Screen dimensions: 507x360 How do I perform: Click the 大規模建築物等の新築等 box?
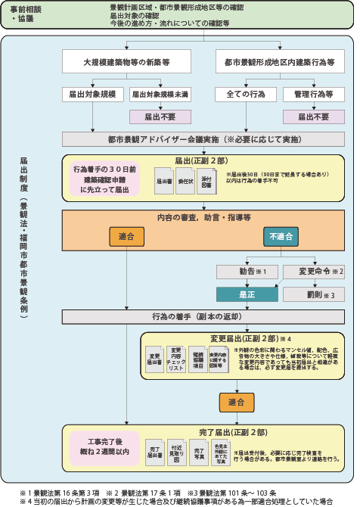coord(126,60)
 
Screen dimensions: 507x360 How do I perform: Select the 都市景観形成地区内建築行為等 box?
coord(279,60)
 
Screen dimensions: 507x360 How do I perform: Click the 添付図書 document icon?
coord(205,179)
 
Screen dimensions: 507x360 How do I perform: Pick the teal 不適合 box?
coord(281,237)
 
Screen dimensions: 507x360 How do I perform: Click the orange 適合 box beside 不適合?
coord(126,237)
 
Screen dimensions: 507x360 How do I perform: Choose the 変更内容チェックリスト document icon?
coord(175,358)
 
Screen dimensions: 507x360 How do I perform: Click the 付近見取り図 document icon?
coord(176,455)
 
